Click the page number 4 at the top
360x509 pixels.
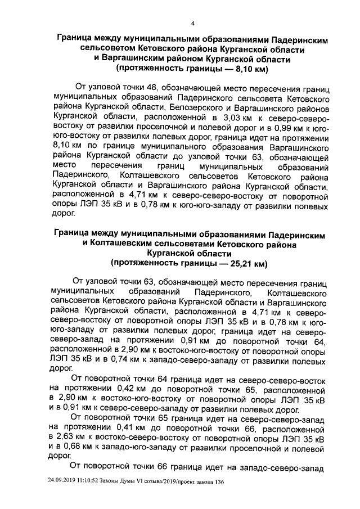193,24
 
